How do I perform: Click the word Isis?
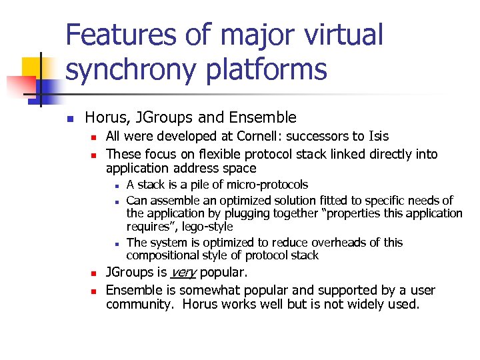point(379,137)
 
